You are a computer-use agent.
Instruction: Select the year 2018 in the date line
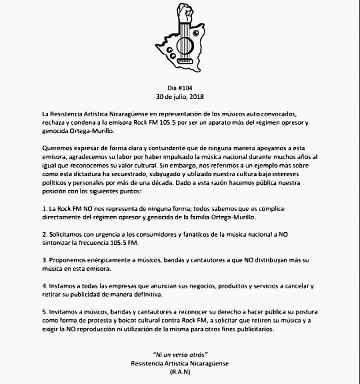(x=196, y=95)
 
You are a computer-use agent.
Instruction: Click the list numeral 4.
(x=44, y=287)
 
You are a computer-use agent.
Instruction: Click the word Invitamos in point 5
(x=66, y=313)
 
